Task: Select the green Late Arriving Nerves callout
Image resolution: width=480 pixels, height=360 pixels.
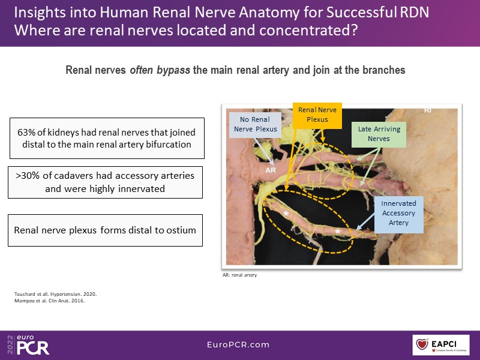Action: coord(379,134)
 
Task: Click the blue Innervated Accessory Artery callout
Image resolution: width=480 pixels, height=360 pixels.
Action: coord(398,213)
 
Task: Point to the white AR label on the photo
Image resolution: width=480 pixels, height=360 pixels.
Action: coord(271,170)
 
